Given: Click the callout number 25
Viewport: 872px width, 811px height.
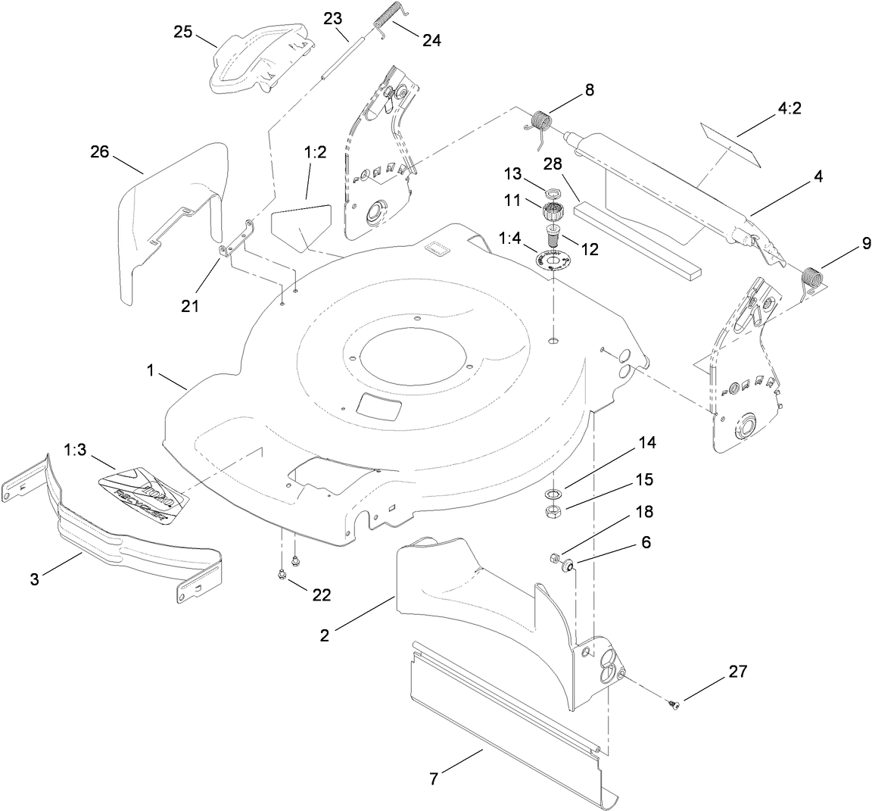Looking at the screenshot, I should click(183, 32).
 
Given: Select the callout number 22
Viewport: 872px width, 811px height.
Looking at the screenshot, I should click(321, 595).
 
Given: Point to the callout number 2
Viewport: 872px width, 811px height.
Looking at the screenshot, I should click(324, 635).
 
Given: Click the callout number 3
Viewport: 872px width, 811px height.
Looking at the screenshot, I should click(35, 579).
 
